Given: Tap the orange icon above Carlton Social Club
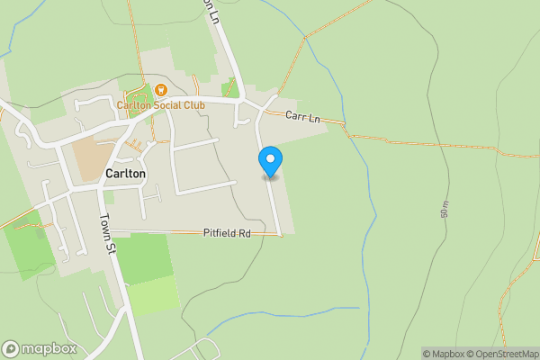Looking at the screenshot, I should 160,89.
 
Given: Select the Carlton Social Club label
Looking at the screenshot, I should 161,105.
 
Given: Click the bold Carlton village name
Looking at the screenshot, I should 124,173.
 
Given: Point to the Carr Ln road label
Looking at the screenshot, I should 301,117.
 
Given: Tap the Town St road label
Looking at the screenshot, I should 105,229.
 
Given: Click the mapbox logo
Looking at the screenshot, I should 40,348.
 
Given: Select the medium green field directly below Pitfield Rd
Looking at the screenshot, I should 144,257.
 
